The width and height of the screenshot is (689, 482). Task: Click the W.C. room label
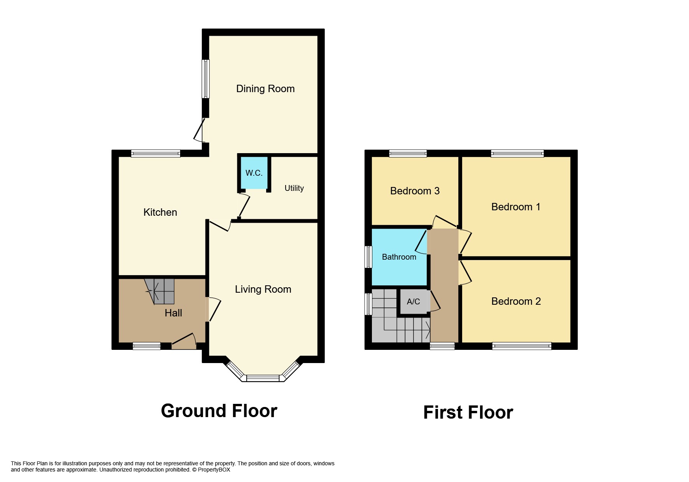tap(254, 173)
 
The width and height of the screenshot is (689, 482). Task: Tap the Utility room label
tap(294, 188)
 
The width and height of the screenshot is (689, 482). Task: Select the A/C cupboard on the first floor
tap(413, 301)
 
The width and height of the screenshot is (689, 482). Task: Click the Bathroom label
tap(399, 257)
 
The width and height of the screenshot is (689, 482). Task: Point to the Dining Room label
tap(265, 89)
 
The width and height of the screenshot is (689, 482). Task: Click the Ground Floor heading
tap(219, 411)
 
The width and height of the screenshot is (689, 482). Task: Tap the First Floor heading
tap(468, 412)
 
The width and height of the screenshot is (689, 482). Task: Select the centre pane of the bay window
tap(263, 378)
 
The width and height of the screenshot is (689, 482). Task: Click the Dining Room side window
tap(205, 79)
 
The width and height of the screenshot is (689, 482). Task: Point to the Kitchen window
tap(156, 154)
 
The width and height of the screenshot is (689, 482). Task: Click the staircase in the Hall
tap(160, 291)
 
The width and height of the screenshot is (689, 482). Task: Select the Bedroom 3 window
tap(408, 154)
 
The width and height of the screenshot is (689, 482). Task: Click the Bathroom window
tap(368, 257)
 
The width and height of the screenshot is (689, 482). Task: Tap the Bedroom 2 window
tap(521, 346)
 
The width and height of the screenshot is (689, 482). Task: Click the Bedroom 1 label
tap(515, 207)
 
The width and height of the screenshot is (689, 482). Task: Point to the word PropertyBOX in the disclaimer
tap(214, 470)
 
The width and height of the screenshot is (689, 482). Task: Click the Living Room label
tap(263, 289)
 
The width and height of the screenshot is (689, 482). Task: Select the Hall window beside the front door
tap(146, 346)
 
